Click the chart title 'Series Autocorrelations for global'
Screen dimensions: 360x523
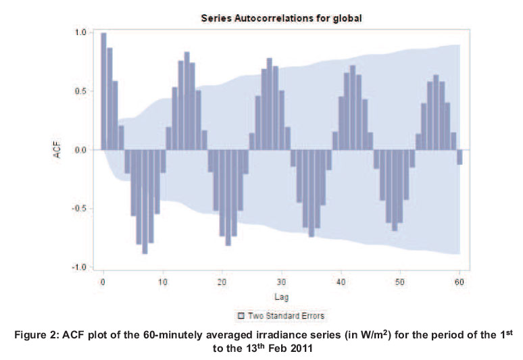coord(282,19)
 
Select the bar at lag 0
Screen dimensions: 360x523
coord(103,91)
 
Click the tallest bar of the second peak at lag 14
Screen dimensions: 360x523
coord(186,101)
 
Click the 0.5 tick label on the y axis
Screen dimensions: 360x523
coord(80,91)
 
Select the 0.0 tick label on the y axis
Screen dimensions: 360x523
coord(80,150)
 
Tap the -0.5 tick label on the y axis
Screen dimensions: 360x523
coord(79,209)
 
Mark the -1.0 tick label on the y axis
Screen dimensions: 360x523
coord(79,267)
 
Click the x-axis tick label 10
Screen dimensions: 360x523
coord(163,281)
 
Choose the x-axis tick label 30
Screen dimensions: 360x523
coord(281,281)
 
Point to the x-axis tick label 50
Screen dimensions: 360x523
coord(400,281)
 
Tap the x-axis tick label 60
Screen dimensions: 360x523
coord(459,281)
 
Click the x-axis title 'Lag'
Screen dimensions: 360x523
coord(281,297)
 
